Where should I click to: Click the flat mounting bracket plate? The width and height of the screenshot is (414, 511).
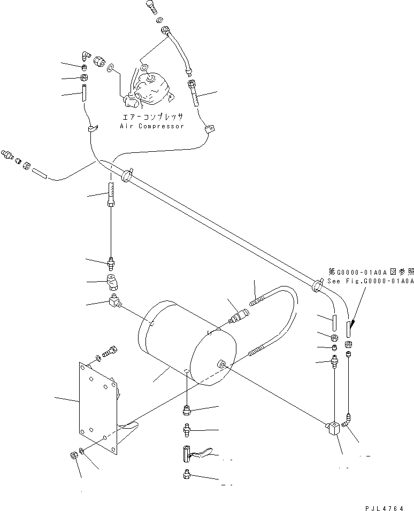tap(99, 406)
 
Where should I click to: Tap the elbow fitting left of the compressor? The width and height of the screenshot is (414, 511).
tap(86, 55)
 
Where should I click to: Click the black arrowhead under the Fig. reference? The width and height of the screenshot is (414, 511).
tap(351, 326)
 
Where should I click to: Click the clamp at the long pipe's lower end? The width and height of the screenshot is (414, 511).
tap(316, 287)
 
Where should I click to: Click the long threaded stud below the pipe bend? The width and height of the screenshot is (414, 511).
tap(111, 195)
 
